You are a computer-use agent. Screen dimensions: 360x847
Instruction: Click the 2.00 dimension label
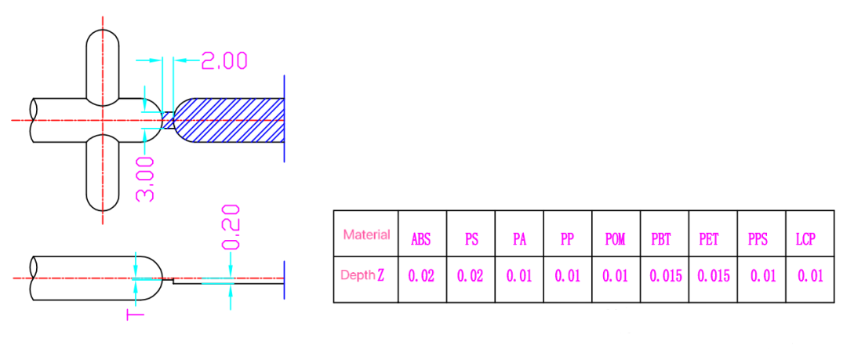click(224, 61)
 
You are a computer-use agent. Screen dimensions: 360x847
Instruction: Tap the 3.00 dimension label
click(147, 178)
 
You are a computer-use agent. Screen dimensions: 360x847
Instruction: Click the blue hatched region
click(231, 120)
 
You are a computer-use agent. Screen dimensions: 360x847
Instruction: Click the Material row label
click(366, 235)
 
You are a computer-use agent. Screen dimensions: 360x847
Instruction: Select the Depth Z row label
click(362, 275)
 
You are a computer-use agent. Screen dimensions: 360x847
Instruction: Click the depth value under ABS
click(423, 277)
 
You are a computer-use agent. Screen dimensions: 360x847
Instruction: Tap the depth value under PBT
click(665, 277)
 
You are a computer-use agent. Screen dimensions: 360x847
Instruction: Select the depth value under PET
click(714, 277)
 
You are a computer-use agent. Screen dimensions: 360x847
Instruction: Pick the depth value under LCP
click(810, 277)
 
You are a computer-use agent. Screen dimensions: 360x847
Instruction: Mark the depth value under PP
click(568, 277)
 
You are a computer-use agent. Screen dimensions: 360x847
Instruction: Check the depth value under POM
click(616, 277)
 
